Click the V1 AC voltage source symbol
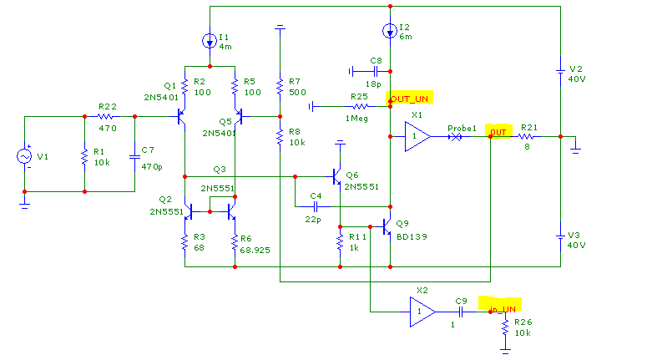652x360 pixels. [x=24, y=156]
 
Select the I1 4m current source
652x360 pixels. [x=210, y=41]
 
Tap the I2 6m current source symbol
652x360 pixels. [x=390, y=30]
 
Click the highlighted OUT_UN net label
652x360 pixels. [x=409, y=99]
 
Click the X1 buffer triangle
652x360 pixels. [x=417, y=136]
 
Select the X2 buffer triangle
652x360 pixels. [x=422, y=312]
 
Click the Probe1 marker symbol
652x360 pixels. [x=456, y=136]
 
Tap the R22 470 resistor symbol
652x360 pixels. [x=105, y=117]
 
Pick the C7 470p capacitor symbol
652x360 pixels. [x=134, y=157]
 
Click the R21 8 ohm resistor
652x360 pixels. [x=526, y=136]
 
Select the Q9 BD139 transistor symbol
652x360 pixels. [x=387, y=227]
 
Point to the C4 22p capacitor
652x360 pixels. [x=316, y=206]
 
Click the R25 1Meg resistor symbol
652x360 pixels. [x=360, y=107]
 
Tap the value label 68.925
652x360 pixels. [x=255, y=250]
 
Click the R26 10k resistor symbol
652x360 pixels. [x=505, y=327]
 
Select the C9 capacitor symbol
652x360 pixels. [x=461, y=312]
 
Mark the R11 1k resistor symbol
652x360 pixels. [x=340, y=241]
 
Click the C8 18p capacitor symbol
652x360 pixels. [x=376, y=72]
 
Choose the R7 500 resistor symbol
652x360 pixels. [x=280, y=87]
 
